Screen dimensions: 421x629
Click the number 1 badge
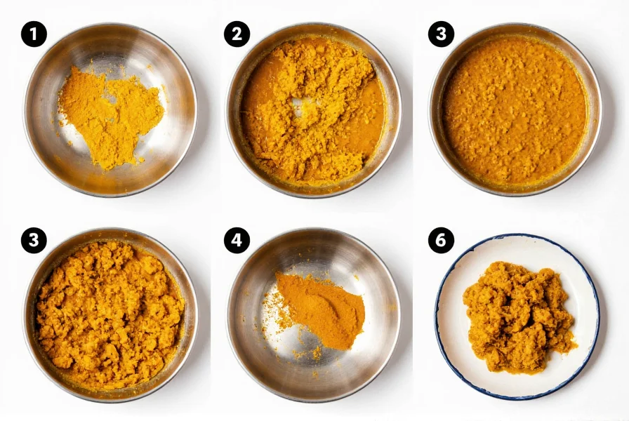coord(33,34)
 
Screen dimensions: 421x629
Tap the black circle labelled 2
coord(237,34)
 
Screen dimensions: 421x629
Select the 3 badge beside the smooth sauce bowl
coord(441,34)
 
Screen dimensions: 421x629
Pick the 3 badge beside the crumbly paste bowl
coord(33,241)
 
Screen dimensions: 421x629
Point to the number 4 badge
coord(237,241)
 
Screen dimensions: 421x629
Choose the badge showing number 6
coord(441,241)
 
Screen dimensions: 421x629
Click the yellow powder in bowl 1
coord(112,116)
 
